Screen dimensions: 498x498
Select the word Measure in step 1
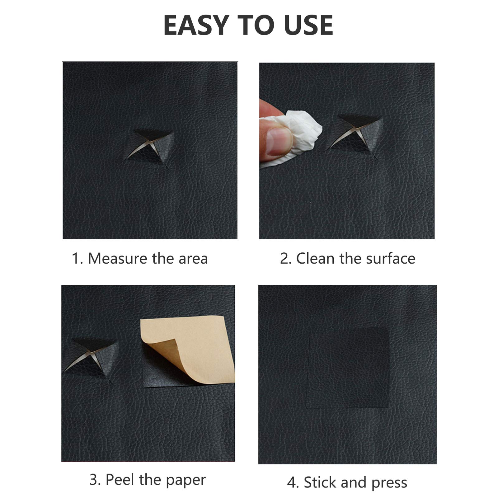[118, 258]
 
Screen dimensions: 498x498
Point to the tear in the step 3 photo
[90, 358]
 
